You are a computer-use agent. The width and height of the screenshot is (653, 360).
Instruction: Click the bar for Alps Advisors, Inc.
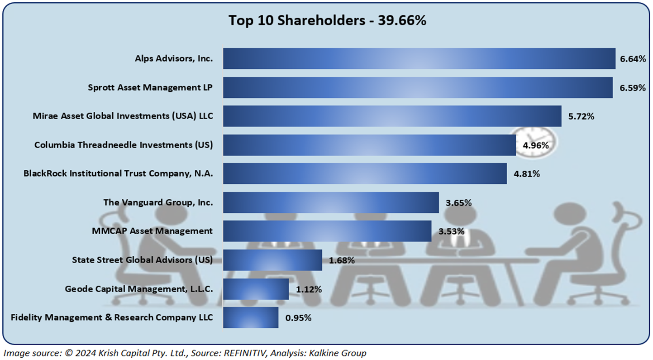click(x=419, y=58)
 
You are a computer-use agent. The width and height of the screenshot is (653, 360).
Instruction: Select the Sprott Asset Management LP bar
click(x=418, y=87)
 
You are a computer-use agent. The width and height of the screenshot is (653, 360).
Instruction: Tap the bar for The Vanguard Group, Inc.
click(x=331, y=202)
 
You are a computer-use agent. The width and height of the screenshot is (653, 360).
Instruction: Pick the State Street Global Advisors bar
click(x=272, y=260)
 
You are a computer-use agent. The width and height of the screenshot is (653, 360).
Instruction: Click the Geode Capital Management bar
click(x=256, y=289)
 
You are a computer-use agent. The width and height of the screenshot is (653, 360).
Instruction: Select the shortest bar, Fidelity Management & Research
click(x=251, y=317)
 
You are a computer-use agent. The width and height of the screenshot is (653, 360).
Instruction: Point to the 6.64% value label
click(x=633, y=59)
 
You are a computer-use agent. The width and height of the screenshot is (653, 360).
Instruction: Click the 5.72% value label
click(x=581, y=116)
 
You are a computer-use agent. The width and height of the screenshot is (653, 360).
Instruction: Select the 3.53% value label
click(x=451, y=231)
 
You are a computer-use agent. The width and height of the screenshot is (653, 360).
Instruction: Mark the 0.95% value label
click(x=298, y=318)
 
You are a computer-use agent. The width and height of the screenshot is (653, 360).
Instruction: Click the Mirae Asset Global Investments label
click(x=123, y=116)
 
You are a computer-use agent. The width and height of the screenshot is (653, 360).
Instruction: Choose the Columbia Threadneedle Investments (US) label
click(x=124, y=145)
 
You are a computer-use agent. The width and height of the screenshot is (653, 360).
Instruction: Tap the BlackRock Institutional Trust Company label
click(x=118, y=173)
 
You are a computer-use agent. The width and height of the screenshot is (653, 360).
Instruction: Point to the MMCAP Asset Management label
click(x=152, y=231)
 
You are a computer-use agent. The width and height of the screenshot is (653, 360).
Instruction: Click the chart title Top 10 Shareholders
click(x=327, y=20)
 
